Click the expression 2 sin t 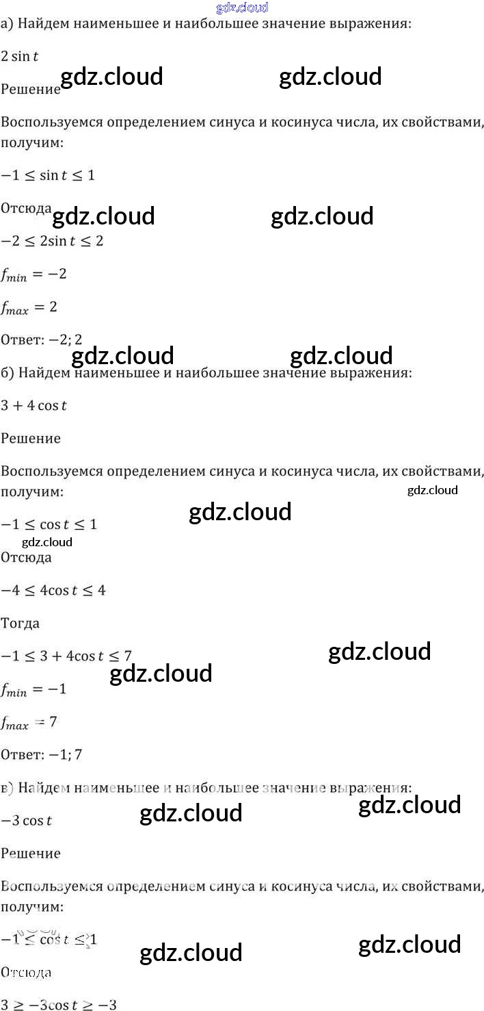(19, 57)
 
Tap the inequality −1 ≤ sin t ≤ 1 (48, 175)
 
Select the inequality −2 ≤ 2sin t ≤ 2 (52, 241)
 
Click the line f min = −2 (33, 275)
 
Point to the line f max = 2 (29, 308)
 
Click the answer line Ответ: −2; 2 (42, 340)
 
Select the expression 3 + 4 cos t (34, 405)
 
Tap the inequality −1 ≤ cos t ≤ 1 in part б (49, 525)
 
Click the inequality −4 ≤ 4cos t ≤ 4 (53, 590)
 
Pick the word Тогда (21, 623)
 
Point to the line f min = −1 (33, 689)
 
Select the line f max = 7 (29, 722)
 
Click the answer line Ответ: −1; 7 (42, 754)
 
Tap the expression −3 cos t (27, 821)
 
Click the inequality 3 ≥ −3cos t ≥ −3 (59, 1005)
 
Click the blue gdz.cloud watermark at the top (241, 8)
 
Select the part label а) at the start (7, 24)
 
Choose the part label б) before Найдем (7, 373)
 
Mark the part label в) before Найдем (7, 788)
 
